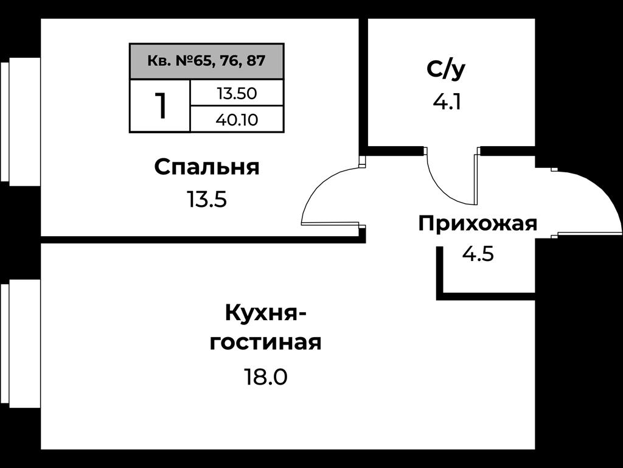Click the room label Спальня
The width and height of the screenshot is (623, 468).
coord(207,167)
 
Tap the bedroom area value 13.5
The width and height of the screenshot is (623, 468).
coord(207,200)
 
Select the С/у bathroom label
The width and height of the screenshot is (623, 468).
coord(446,70)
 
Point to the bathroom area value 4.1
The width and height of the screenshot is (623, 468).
coord(447,102)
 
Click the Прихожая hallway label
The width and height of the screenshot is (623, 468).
coord(478,224)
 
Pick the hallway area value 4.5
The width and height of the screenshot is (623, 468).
coord(478,254)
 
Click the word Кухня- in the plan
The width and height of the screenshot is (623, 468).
coord(265,313)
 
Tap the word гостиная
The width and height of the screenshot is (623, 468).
coord(265,343)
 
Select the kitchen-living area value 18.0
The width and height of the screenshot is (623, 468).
coord(265,377)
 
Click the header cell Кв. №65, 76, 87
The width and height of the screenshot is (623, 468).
coord(207,61)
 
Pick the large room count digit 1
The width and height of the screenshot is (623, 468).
coord(161,106)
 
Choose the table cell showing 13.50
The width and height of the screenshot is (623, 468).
coord(237,93)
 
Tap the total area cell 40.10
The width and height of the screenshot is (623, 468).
coord(237,119)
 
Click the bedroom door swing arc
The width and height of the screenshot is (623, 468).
coord(315,186)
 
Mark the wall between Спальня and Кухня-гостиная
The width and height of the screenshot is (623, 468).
coord(203,240)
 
